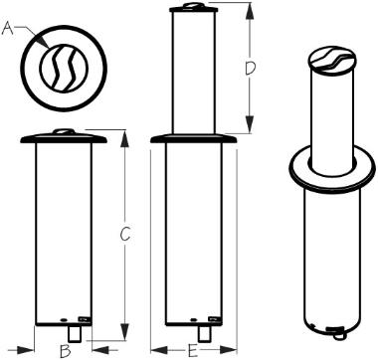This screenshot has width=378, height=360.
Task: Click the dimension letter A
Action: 8,28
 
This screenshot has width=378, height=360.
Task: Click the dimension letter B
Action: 65,351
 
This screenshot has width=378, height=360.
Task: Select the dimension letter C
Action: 125,235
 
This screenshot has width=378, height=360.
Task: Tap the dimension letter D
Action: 250,69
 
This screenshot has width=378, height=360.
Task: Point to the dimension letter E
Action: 194,351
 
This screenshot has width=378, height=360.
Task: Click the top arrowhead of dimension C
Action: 124,138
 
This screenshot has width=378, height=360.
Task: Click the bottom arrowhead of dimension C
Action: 124,332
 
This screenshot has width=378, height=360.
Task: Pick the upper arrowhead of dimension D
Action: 250,11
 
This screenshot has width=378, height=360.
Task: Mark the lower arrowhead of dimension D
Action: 250,124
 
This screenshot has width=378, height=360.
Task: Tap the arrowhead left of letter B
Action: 25,349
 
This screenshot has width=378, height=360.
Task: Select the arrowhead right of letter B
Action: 100,349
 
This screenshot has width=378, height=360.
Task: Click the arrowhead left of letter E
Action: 159,350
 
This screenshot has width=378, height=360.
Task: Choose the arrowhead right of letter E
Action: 228,350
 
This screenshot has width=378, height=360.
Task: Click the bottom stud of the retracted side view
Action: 74,334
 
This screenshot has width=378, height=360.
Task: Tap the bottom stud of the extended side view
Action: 204,334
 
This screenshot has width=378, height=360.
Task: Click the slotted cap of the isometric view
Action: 332,60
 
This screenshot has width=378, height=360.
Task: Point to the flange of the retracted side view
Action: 64,138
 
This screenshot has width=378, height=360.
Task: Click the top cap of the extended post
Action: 194,8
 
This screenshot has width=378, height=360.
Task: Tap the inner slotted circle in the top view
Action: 64,68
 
